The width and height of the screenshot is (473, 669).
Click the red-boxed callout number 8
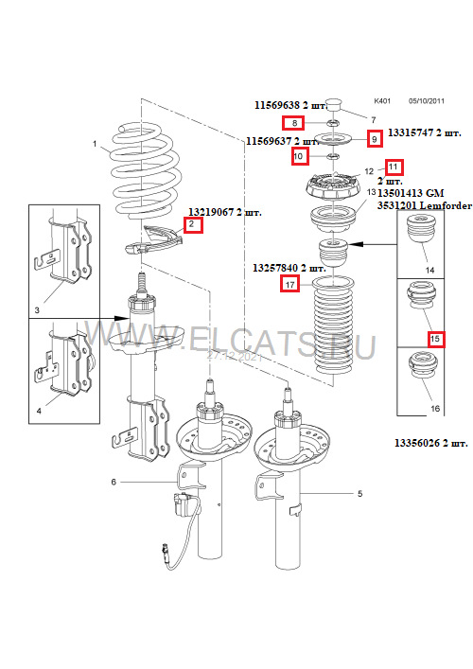[x=293, y=124]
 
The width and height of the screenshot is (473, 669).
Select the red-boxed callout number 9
[x=374, y=139]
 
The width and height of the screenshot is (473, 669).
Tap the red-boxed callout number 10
[x=298, y=155]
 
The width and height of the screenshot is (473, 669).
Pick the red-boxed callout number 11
[x=393, y=167]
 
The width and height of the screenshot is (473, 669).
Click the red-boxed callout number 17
[x=289, y=284]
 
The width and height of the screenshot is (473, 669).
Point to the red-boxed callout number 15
[x=434, y=338]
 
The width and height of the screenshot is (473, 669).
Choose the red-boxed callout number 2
[x=192, y=225]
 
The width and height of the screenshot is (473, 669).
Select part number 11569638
[x=281, y=107]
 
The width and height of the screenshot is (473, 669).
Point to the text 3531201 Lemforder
[x=423, y=204]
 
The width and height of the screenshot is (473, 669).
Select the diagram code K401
[x=381, y=99]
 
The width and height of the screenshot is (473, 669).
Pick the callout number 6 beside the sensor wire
[x=114, y=483]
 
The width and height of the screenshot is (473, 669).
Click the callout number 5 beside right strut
[x=360, y=494]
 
